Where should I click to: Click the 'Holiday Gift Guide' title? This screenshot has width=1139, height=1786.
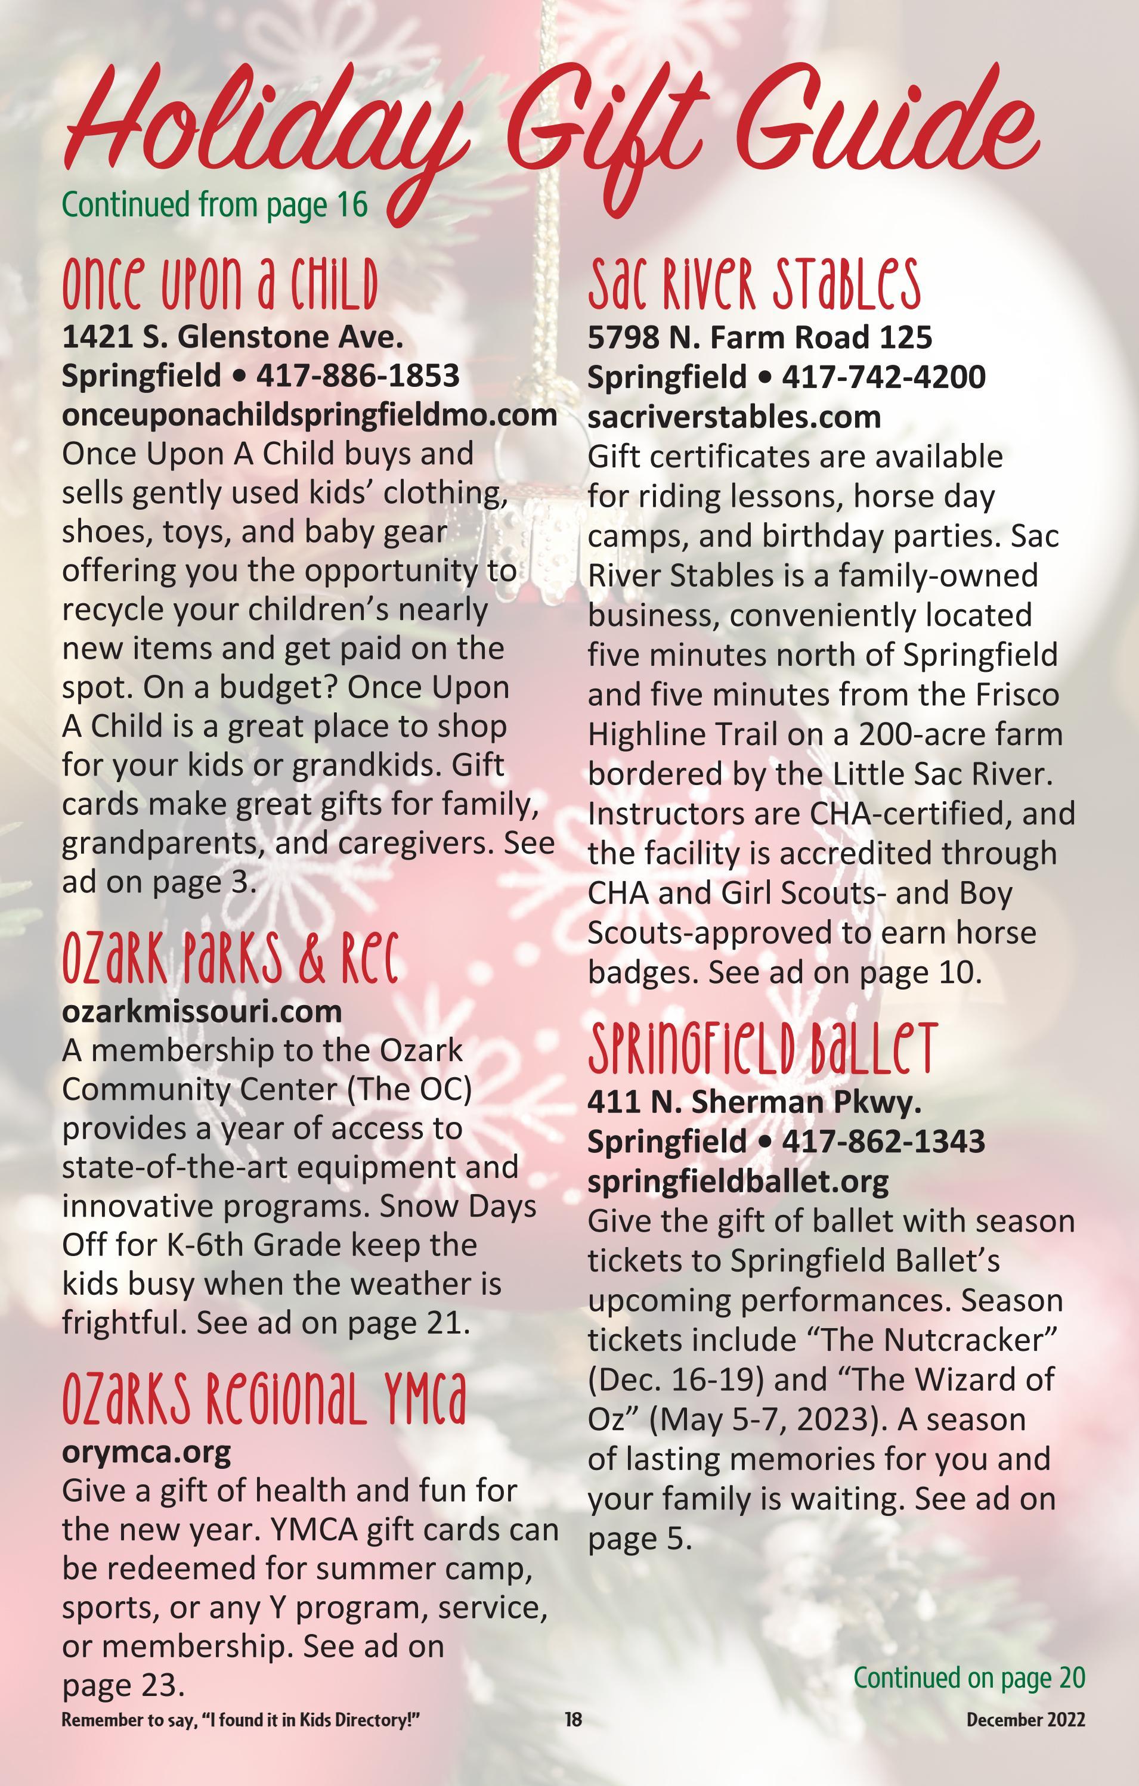tap(549, 134)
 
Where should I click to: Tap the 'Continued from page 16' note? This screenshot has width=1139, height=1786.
tap(215, 204)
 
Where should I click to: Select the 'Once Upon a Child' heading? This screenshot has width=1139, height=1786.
tap(219, 285)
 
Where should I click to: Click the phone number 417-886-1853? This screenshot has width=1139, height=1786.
tap(358, 376)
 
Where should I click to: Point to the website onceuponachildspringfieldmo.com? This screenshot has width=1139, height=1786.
tap(309, 415)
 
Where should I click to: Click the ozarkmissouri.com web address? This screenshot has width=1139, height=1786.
tap(202, 1011)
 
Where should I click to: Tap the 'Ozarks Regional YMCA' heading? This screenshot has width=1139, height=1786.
tap(264, 1399)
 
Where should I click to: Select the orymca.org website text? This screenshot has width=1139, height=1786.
tap(146, 1452)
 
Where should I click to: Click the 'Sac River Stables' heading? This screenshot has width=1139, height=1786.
tap(754, 285)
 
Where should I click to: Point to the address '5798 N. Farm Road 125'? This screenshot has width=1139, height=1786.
tap(760, 337)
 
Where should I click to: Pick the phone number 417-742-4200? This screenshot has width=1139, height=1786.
tap(884, 377)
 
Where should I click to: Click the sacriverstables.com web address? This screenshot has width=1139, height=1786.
tap(734, 417)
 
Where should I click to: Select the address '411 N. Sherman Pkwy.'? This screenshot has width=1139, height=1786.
tap(754, 1102)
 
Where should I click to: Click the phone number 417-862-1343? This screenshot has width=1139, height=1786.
tap(883, 1141)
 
